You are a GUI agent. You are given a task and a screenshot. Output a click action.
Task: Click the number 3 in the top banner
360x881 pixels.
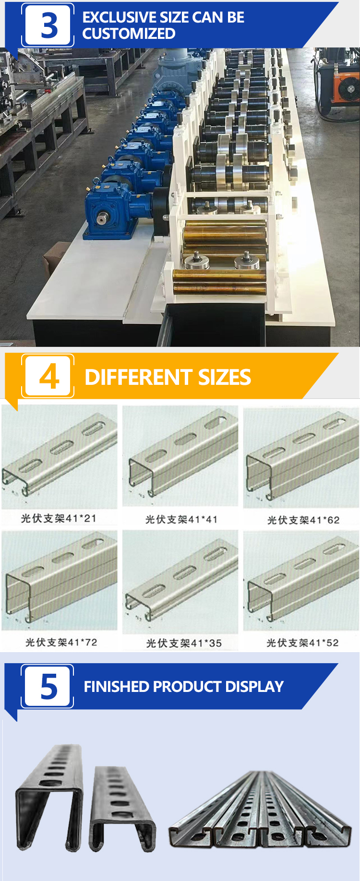[x=49, y=25]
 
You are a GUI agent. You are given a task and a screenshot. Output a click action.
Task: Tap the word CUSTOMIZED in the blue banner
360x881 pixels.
[x=129, y=34]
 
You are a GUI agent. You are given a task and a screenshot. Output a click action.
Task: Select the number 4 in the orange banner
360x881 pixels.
[x=49, y=377]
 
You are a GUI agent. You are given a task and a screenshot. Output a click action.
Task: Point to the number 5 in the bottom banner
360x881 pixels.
[x=49, y=687]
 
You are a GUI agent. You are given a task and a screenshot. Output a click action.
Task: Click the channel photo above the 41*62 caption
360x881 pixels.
[x=301, y=458]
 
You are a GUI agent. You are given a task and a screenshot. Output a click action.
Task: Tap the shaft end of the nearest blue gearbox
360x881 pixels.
[x=102, y=219]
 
